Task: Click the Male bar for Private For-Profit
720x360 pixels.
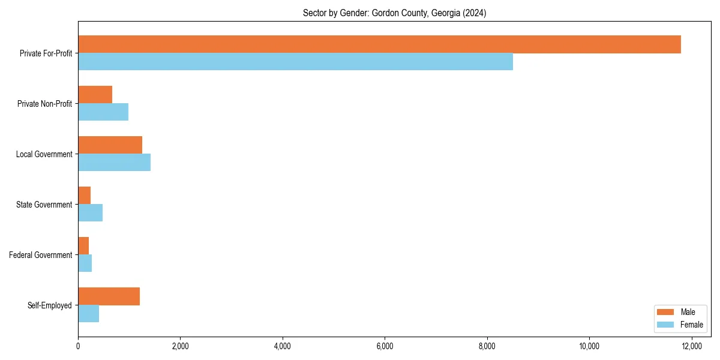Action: click(379, 44)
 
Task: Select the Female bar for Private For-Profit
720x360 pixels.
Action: click(295, 62)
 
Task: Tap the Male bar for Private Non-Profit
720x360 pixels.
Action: click(95, 95)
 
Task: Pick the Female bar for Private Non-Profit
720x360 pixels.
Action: click(103, 112)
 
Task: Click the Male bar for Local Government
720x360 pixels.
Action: click(110, 145)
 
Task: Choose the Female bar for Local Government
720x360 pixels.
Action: click(114, 163)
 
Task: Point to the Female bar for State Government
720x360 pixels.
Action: click(90, 213)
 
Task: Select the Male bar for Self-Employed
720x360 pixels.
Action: click(109, 296)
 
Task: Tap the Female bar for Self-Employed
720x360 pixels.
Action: click(88, 314)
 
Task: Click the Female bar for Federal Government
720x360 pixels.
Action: click(85, 263)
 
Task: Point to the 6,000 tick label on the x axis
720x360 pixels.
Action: click(385, 346)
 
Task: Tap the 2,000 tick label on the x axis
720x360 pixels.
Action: click(180, 346)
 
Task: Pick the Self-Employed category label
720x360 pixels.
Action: click(50, 305)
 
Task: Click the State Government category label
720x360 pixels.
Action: click(44, 205)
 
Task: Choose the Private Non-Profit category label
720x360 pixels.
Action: click(44, 104)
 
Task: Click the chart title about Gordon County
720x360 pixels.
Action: click(394, 13)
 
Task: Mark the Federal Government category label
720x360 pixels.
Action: click(41, 255)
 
